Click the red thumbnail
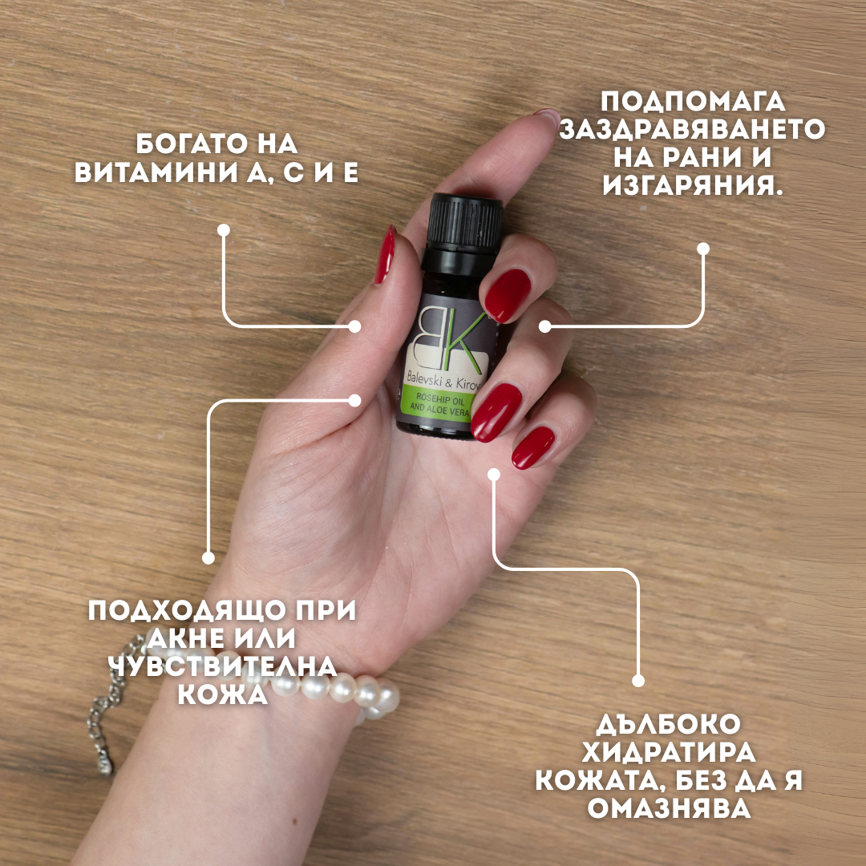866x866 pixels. [x=385, y=255]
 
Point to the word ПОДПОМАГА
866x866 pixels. [x=693, y=102]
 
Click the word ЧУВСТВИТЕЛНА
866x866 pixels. [x=223, y=666]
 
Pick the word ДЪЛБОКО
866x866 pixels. [x=668, y=725]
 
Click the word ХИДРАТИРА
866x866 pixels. [x=669, y=753]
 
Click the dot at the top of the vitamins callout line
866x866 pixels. [x=224, y=230]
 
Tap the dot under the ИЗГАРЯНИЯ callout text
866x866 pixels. [x=703, y=249]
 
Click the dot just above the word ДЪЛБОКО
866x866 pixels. [x=638, y=681]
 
